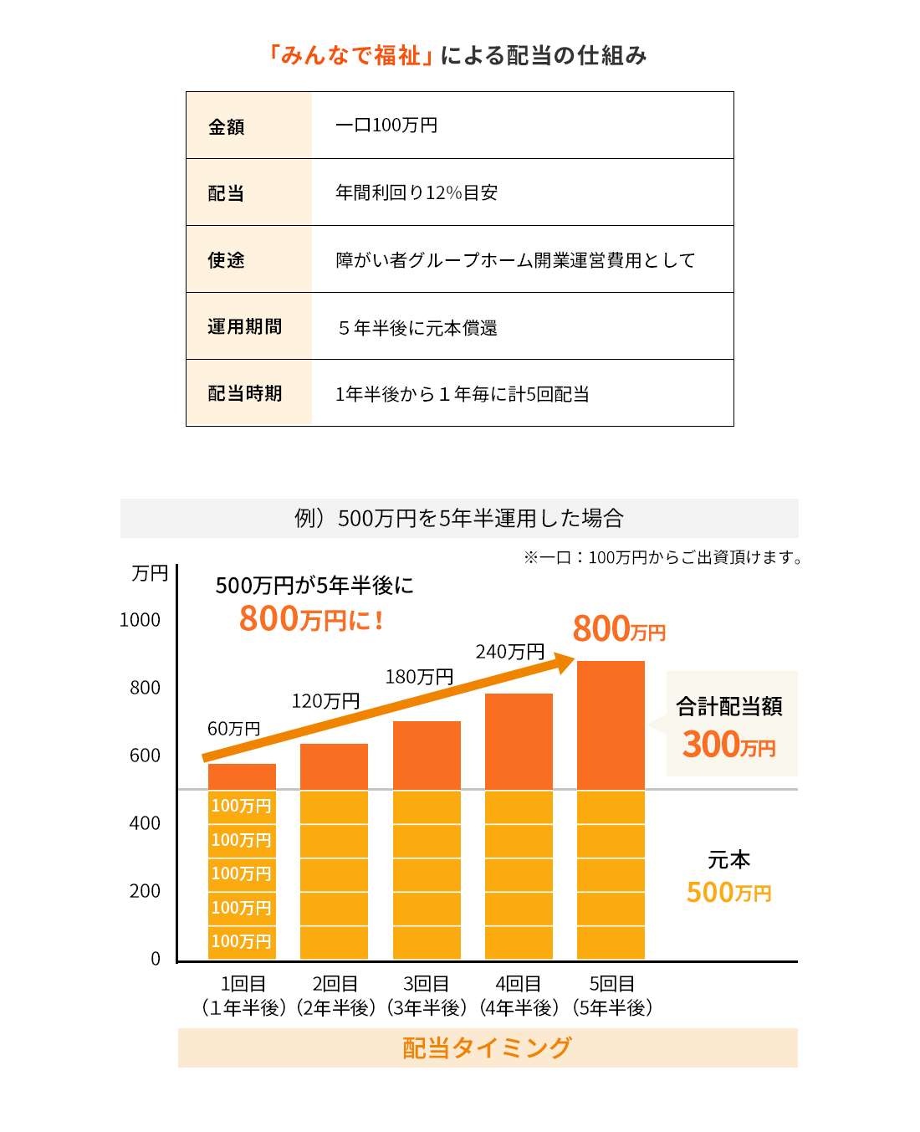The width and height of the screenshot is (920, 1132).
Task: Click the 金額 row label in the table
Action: click(226, 126)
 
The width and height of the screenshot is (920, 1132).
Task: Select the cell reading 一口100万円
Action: click(386, 125)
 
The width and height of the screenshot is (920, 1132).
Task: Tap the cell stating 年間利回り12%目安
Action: click(416, 192)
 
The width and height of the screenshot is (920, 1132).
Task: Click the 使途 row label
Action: click(226, 260)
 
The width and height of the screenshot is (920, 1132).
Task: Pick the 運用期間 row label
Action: click(244, 326)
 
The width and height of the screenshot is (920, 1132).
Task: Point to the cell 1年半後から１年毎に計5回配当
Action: click(462, 393)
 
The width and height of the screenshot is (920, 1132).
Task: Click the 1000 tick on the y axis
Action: click(140, 620)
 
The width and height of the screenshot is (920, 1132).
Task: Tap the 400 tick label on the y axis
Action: click(145, 823)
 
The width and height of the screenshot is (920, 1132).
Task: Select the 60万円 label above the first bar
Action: click(233, 729)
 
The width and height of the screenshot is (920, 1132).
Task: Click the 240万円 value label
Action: click(509, 651)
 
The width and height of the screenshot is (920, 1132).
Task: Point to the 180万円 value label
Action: click(418, 676)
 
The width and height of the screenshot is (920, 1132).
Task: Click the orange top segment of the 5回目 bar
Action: click(611, 725)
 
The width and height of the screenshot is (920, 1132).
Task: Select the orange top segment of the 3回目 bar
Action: click(427, 756)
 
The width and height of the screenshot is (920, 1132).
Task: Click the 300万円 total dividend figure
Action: click(728, 744)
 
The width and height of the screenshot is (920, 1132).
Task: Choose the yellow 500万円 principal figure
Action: click(728, 893)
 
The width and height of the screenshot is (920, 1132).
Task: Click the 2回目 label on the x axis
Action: click(335, 984)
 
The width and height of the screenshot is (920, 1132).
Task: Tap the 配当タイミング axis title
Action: click(488, 1047)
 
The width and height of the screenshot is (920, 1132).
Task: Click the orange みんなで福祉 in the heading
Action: click(350, 56)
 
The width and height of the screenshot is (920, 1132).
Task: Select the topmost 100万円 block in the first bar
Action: click(242, 806)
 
